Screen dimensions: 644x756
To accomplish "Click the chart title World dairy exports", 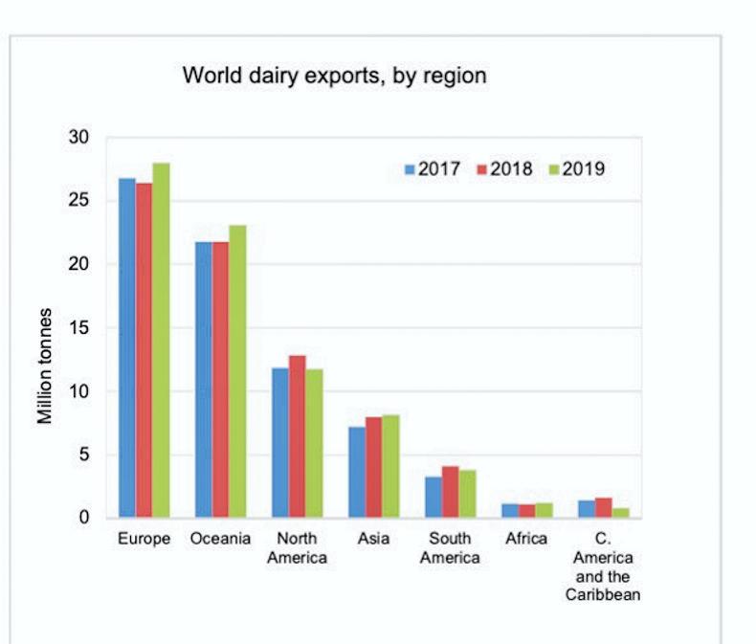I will [x=334, y=76].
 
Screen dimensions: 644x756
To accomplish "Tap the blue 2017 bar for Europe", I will [x=127, y=348].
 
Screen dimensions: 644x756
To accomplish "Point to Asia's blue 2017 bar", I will [x=357, y=472].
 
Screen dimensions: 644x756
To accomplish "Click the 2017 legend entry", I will [x=433, y=169].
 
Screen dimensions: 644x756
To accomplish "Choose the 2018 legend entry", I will [x=504, y=169].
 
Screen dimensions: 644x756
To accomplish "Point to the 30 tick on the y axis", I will [x=79, y=138].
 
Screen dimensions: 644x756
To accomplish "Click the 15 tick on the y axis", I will [x=79, y=328].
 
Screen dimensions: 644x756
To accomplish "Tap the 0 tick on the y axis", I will [x=84, y=518].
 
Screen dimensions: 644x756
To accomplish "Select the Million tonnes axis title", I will [x=45, y=366].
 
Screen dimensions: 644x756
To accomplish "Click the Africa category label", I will [x=526, y=539].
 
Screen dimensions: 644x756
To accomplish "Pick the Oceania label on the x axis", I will [x=220, y=539].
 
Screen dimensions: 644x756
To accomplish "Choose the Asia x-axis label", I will [x=373, y=539].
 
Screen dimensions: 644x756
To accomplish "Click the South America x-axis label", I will [x=450, y=548].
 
